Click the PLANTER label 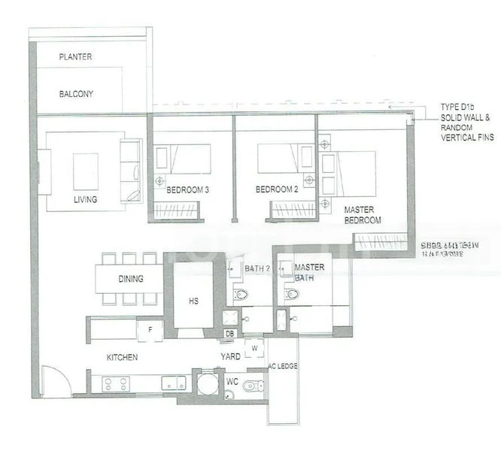(75, 56)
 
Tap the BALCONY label (76, 95)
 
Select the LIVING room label (86, 199)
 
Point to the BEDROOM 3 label (187, 190)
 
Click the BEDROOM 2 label (277, 190)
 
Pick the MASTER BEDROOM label (363, 215)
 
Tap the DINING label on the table (131, 279)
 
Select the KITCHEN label (122, 357)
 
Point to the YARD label (230, 356)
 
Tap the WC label (232, 382)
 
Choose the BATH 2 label (258, 268)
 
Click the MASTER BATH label (309, 273)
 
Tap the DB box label (229, 334)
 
